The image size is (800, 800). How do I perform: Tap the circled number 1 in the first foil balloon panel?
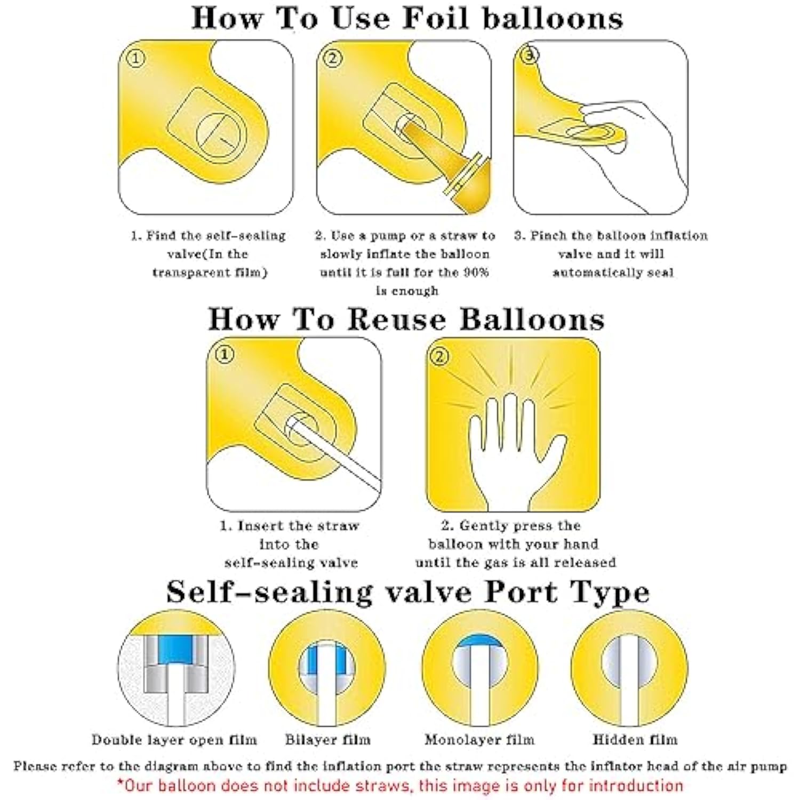135,58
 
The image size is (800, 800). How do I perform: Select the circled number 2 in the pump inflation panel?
333,58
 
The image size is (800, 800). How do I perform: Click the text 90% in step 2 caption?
476,272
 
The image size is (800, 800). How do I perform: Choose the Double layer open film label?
174,740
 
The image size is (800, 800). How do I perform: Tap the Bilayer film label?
327,740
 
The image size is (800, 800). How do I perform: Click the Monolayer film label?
479,740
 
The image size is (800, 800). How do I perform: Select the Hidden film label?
635,740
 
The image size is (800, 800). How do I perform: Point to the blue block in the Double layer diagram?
175,651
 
